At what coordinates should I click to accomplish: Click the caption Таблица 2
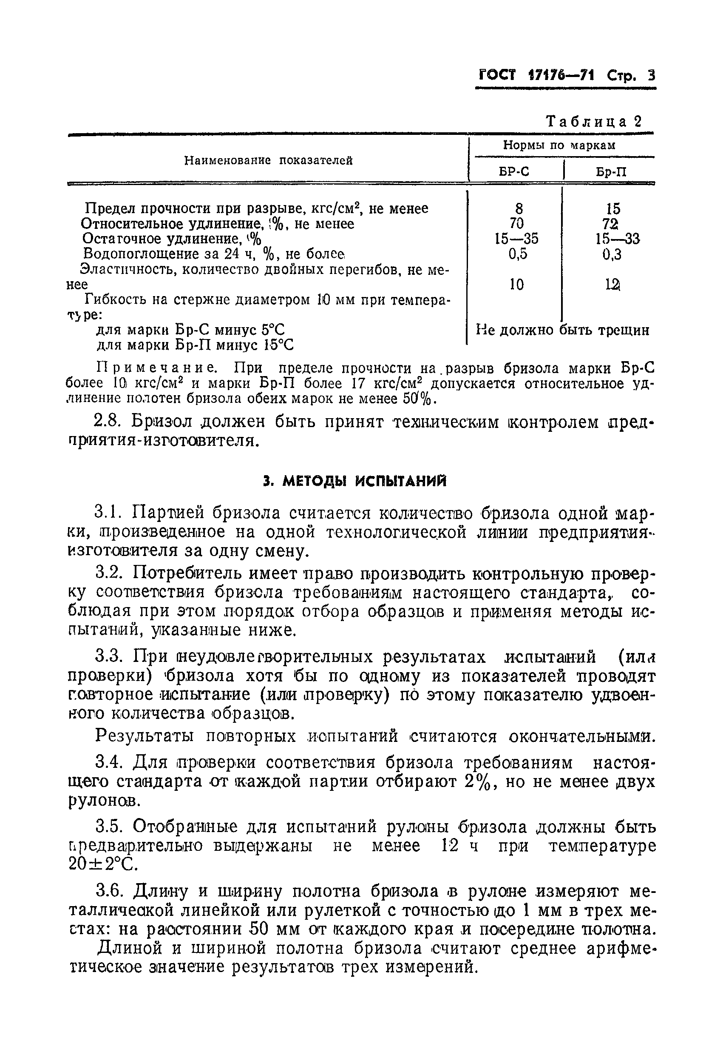[594, 121]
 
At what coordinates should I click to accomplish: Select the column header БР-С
[514, 171]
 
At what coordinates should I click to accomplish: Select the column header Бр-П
[611, 172]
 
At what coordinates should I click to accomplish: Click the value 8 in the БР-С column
[519, 208]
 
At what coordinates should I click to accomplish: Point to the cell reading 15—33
[617, 239]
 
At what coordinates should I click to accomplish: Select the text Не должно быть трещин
[562, 330]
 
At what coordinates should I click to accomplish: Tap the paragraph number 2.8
[108, 422]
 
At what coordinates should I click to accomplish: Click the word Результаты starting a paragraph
[143, 736]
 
